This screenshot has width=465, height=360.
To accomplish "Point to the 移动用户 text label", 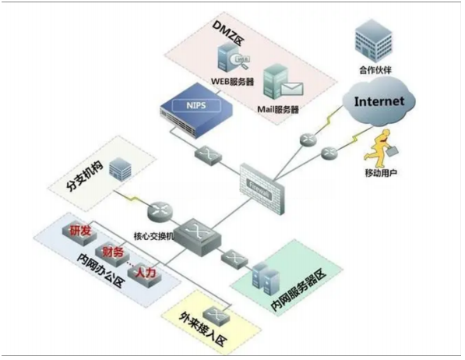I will [379, 171].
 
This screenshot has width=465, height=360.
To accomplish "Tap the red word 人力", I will [146, 274].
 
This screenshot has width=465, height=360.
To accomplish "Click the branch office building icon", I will [119, 170].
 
